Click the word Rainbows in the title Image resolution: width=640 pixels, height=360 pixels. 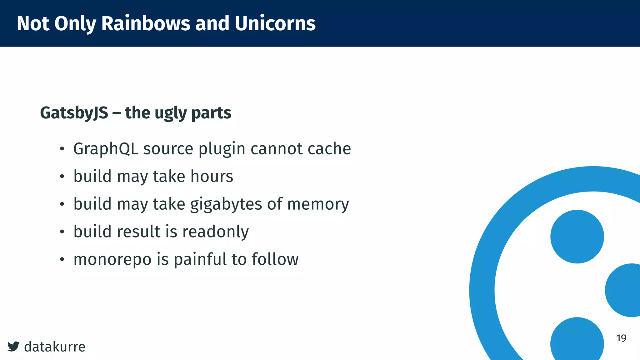[x=145, y=23]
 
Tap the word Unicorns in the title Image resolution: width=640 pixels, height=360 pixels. [x=275, y=23]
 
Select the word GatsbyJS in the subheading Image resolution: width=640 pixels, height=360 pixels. [x=74, y=113]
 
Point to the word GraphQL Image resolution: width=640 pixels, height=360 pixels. [x=106, y=149]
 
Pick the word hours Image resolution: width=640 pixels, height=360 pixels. [x=212, y=176]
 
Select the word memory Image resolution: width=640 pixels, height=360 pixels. [x=318, y=204]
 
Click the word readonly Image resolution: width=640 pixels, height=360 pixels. [x=215, y=232]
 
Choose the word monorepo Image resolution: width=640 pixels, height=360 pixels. [x=112, y=259]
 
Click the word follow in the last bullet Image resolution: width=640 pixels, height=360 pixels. [x=275, y=259]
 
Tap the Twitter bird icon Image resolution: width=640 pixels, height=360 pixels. [x=13, y=346]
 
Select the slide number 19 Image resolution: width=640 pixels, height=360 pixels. [x=621, y=338]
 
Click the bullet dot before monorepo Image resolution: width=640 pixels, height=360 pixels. [x=62, y=259]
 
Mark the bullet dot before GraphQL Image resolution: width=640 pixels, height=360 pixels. [x=62, y=149]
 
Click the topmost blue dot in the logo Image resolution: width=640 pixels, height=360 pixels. [x=577, y=237]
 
